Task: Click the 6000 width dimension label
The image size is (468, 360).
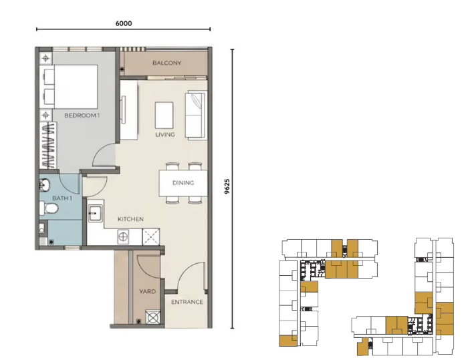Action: pyautogui.click(x=124, y=23)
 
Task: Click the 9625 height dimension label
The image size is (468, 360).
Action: pyautogui.click(x=227, y=187)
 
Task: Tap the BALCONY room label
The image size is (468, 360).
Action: pyautogui.click(x=167, y=63)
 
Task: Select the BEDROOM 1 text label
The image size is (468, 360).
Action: pyautogui.click(x=82, y=116)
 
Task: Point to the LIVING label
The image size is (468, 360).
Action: pyautogui.click(x=165, y=134)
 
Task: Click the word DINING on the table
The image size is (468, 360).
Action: pyautogui.click(x=183, y=183)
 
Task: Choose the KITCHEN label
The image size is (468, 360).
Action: pyautogui.click(x=130, y=219)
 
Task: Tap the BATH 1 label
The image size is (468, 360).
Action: pyautogui.click(x=62, y=198)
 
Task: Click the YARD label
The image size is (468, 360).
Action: pyautogui.click(x=148, y=291)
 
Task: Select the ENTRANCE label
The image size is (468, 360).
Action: pyautogui.click(x=187, y=302)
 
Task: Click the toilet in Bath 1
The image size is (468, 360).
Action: pyautogui.click(x=49, y=208)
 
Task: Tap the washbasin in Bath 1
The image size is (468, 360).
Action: pyautogui.click(x=45, y=185)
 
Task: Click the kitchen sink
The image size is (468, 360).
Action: pyautogui.click(x=96, y=213)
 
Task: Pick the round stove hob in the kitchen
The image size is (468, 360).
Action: pyautogui.click(x=123, y=237)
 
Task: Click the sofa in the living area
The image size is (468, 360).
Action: pyautogui.click(x=195, y=116)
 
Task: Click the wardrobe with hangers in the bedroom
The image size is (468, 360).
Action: pyautogui.click(x=48, y=145)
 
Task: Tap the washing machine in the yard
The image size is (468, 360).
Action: pyautogui.click(x=153, y=317)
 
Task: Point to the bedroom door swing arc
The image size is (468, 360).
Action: pyautogui.click(x=102, y=152)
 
